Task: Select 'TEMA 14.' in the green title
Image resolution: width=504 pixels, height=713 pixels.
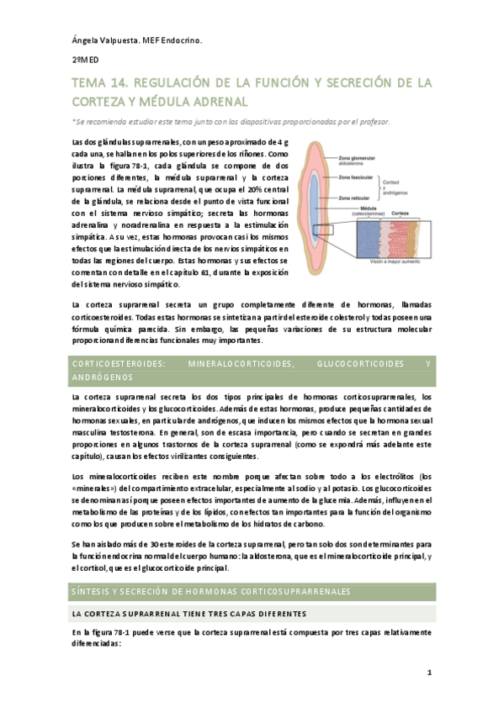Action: click(x=98, y=82)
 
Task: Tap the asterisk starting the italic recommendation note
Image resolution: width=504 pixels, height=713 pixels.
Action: click(x=74, y=121)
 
